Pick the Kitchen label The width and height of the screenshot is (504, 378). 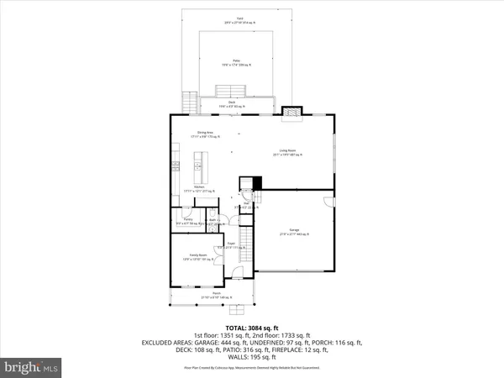(201, 189)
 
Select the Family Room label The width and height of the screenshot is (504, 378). (194, 258)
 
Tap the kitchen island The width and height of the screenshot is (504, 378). (201, 162)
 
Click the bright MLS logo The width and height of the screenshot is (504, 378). (31, 366)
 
